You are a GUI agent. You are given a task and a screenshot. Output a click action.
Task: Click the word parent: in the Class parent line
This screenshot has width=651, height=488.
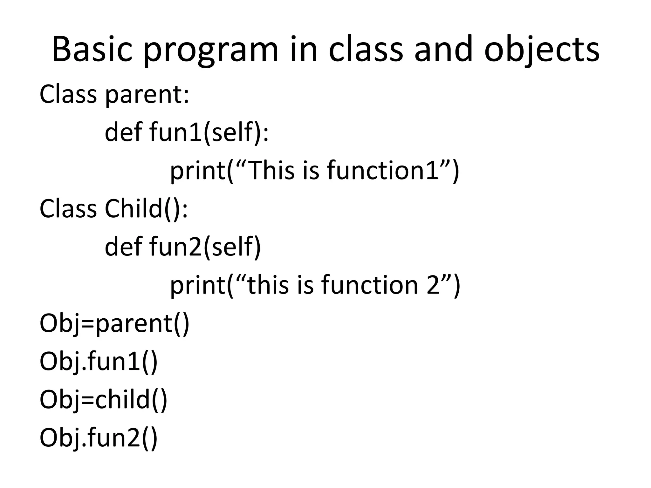[x=147, y=94]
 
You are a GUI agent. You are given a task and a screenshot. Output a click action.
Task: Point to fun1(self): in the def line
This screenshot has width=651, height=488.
[x=209, y=132]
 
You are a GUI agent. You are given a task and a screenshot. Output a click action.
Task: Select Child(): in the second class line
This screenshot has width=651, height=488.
[x=146, y=209]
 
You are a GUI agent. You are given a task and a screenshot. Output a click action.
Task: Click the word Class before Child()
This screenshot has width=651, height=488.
[x=68, y=209]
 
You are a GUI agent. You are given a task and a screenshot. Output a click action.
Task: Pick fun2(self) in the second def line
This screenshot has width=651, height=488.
[x=205, y=247]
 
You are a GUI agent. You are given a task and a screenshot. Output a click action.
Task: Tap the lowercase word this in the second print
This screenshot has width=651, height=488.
[x=268, y=285]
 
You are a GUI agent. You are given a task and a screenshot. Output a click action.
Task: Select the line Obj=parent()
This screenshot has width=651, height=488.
[x=114, y=323]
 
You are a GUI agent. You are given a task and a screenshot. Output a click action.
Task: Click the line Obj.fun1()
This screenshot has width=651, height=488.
[x=99, y=362]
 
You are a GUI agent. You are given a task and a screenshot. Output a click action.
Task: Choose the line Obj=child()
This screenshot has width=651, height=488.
[x=103, y=400]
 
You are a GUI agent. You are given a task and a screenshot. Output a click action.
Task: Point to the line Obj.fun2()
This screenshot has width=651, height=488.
[x=99, y=438]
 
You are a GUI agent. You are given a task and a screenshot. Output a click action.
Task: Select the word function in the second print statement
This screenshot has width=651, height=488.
[x=369, y=285]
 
